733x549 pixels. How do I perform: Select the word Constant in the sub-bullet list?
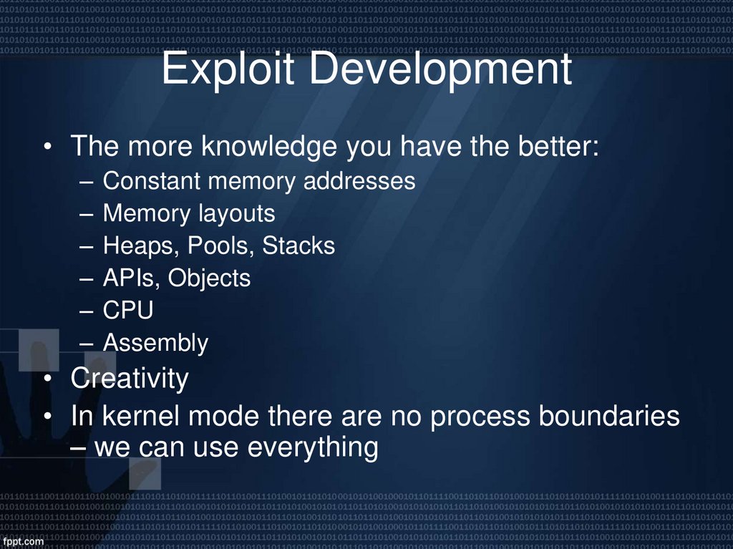pyautogui.click(x=152, y=181)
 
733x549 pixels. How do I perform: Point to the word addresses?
pyautogui.click(x=359, y=181)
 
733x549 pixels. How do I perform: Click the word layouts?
pyautogui.click(x=240, y=214)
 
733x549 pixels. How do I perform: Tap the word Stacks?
pyautogui.click(x=298, y=246)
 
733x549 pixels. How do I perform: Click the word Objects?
pyautogui.click(x=209, y=278)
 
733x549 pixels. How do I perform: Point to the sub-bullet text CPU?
pyautogui.click(x=128, y=311)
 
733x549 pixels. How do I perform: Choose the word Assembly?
pyautogui.click(x=155, y=344)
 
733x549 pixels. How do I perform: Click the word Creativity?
pyautogui.click(x=130, y=379)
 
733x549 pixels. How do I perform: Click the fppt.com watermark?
pyautogui.click(x=23, y=541)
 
